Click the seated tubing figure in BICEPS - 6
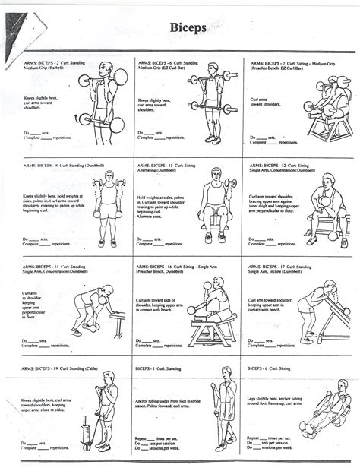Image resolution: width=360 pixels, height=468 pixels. click(315, 418)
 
